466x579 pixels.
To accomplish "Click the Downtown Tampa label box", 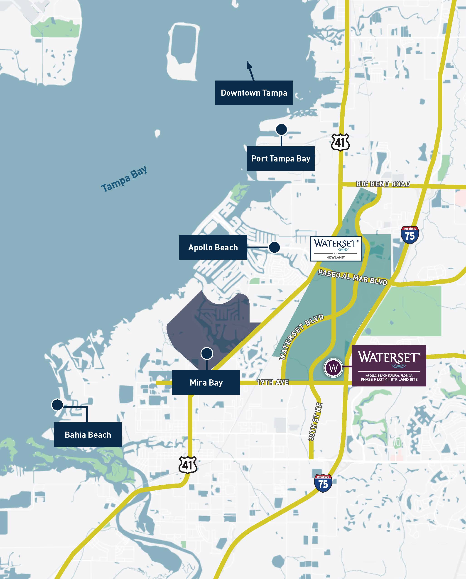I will pos(254,93).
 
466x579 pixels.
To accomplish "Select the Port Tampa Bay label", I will pos(281,159).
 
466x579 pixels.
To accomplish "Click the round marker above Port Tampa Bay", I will pos(281,130).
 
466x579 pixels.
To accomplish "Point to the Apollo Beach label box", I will pos(213,247).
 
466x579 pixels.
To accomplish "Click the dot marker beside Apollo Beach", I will pos(274,247).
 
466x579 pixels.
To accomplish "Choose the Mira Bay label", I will pos(206,382).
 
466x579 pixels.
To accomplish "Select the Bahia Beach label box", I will pos(88,435).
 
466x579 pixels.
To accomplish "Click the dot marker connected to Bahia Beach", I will pos(57,405).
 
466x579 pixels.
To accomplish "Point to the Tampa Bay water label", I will pos(124,179).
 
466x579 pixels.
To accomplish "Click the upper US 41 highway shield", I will pos(340,142).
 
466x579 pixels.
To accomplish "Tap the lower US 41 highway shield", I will pos(188,465).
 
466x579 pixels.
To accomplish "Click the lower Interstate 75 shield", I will pos(323,483).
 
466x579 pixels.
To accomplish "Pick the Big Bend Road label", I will pos(383,184).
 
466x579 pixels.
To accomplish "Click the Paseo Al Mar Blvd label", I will pos(352,277).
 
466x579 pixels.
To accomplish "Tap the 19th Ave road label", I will pos(273,382).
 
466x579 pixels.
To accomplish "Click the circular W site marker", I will pos(333,368).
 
